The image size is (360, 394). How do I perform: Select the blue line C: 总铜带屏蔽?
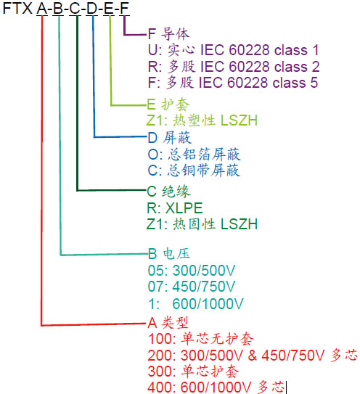tap(192, 171)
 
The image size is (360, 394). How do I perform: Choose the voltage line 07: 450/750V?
tap(194, 287)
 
